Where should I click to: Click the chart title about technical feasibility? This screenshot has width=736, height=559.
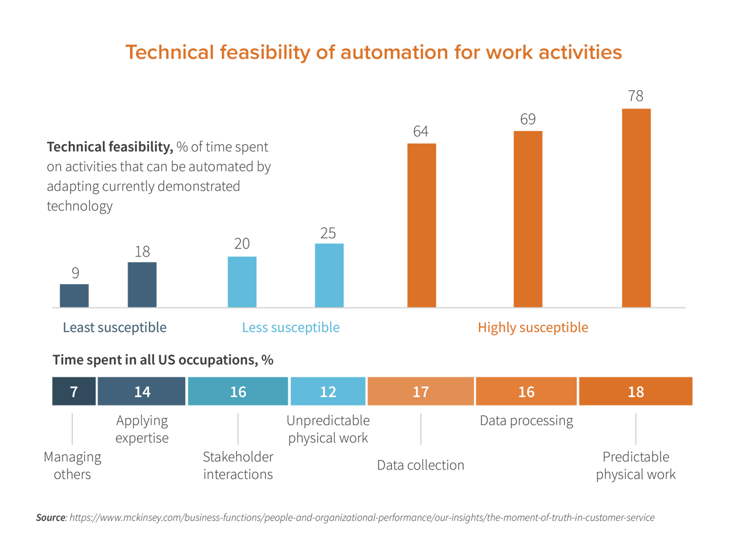[374, 53]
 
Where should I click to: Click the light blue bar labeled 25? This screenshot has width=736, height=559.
[329, 275]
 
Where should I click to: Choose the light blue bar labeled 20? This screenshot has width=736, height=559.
[242, 281]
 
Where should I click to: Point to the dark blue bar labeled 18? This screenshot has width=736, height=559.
[142, 285]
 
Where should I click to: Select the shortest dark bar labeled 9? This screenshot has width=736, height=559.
[74, 295]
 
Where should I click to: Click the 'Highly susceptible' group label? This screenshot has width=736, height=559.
[532, 328]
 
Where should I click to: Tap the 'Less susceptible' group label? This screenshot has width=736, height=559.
[291, 328]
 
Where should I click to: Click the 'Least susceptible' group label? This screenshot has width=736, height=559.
[115, 328]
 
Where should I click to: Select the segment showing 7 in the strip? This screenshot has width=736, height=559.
[74, 391]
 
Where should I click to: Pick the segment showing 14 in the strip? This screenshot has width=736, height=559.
[142, 391]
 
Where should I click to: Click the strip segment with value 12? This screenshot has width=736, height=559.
[328, 391]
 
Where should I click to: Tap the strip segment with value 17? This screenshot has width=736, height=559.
[421, 391]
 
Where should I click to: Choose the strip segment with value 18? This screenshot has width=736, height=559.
[636, 391]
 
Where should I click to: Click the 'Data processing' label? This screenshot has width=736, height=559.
[526, 421]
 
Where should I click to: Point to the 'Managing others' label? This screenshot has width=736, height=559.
[72, 466]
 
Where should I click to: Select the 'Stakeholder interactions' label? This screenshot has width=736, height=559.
[238, 466]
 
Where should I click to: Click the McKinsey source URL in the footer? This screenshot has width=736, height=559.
[362, 518]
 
